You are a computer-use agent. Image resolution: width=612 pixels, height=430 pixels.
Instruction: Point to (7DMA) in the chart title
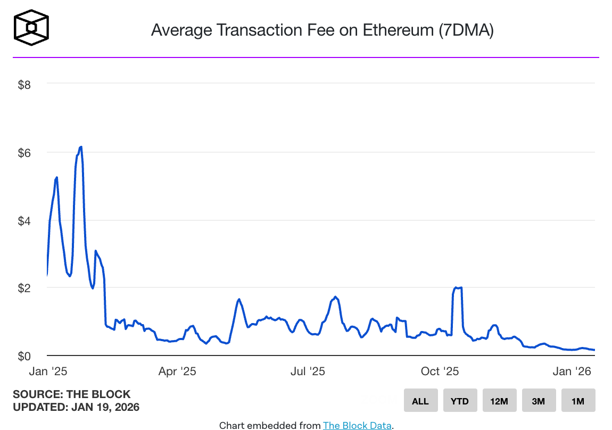pos(466,30)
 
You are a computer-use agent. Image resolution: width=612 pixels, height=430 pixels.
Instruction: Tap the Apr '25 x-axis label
pos(177,371)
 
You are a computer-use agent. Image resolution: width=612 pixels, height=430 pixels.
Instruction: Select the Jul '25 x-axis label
pos(308,371)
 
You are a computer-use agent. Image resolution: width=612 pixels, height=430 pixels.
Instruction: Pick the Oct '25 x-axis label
pos(440,371)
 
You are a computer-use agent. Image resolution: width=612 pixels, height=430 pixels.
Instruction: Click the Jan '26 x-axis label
pos(572,371)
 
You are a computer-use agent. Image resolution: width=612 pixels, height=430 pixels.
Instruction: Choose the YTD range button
pos(460,401)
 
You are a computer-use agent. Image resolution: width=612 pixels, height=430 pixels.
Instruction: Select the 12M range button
pos(499,401)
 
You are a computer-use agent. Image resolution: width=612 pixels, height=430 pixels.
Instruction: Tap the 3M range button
pos(539,401)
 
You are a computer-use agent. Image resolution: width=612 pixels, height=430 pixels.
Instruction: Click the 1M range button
pos(578,401)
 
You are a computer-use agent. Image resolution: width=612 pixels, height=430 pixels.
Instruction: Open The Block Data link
pos(357,425)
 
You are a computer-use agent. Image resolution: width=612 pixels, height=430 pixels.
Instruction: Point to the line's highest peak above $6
pos(80,147)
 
